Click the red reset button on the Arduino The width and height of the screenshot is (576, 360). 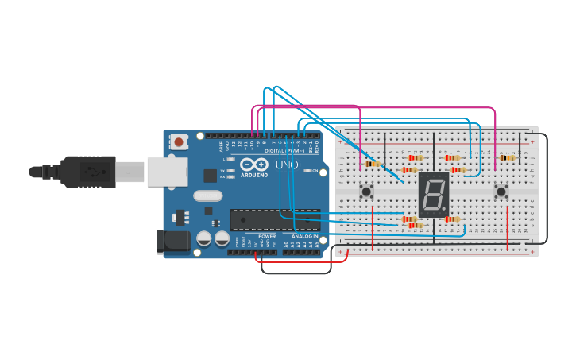tap(180, 142)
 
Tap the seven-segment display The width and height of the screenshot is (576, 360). tap(434, 192)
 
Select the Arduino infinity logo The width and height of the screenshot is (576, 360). tap(254, 165)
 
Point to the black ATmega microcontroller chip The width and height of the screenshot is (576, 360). tap(275, 218)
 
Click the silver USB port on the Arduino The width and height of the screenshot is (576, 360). tap(166, 171)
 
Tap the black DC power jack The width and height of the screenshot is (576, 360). tap(172, 242)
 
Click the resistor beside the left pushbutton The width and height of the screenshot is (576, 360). tap(372, 165)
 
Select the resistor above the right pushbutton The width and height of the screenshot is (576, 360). tap(507, 157)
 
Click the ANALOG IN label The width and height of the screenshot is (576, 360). tap(304, 236)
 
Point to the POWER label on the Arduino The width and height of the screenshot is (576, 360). tap(267, 236)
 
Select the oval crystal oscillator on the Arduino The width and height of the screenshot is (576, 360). tap(207, 196)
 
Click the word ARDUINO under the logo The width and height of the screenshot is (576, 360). tap(254, 175)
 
